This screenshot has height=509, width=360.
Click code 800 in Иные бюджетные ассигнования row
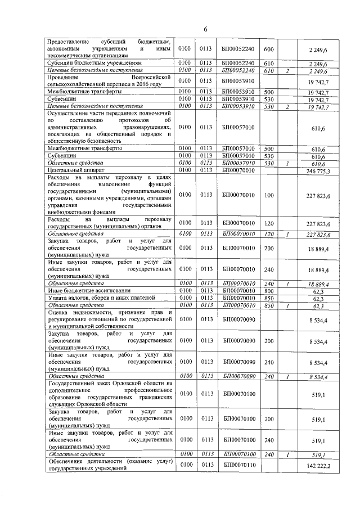point(268,290)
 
